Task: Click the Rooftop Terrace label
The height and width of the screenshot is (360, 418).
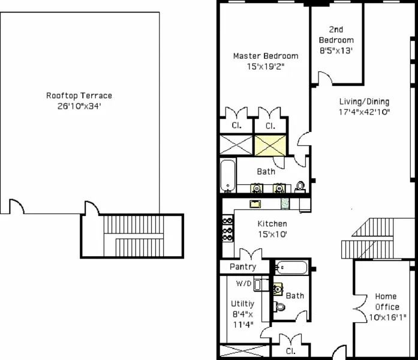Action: click(x=79, y=95)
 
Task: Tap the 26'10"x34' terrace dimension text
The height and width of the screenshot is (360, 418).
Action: click(x=79, y=106)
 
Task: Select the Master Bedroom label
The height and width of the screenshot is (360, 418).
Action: click(x=265, y=56)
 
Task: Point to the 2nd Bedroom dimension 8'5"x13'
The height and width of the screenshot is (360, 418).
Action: click(x=336, y=51)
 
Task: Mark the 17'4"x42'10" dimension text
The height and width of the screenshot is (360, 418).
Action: click(x=364, y=112)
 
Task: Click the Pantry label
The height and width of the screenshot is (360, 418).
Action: click(x=243, y=266)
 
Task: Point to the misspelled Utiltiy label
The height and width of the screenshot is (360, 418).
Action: click(x=242, y=304)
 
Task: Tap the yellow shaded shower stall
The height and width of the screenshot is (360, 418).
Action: click(x=269, y=146)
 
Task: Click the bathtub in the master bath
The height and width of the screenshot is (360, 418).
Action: click(x=228, y=175)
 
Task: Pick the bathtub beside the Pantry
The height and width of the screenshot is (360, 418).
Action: click(x=292, y=268)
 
